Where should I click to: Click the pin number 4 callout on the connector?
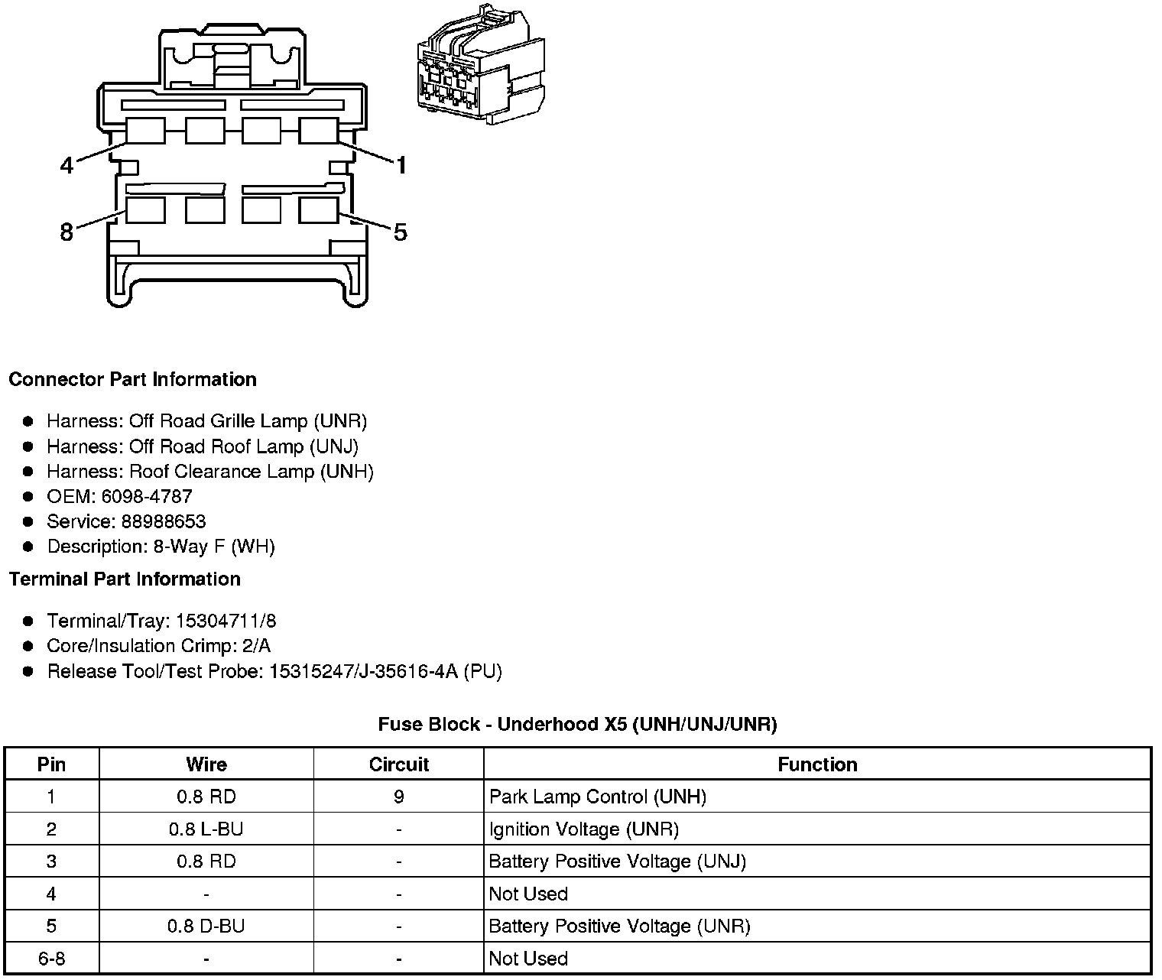pos(67,164)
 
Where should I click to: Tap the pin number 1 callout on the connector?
pos(401,164)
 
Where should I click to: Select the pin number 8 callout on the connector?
pos(67,231)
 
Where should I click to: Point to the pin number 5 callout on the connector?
pos(401,231)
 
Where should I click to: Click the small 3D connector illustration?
pos(481,66)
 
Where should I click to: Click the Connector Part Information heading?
pos(132,380)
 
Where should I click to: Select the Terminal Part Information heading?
pos(125,579)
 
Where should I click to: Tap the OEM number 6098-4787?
pos(147,497)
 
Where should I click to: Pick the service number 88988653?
pos(164,522)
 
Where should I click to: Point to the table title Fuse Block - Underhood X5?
pos(577,725)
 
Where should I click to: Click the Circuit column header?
pos(398,764)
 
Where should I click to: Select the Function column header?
pos(817,764)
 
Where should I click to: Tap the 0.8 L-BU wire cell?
pos(206,829)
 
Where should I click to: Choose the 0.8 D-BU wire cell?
pos(206,926)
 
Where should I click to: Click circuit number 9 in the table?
pos(398,797)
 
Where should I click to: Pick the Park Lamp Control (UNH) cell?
pos(598,797)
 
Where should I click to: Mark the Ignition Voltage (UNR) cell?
pos(584,829)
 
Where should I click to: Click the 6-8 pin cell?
pos(51,959)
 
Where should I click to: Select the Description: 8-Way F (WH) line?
pos(161,547)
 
